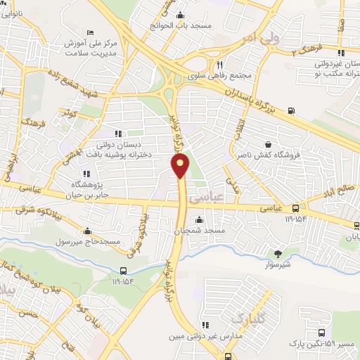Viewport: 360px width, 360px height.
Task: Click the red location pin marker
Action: [x=181, y=167]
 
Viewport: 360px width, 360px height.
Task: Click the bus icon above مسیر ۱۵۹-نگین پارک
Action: [x=321, y=332]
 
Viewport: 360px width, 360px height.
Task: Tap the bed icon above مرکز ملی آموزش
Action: [x=89, y=33]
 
